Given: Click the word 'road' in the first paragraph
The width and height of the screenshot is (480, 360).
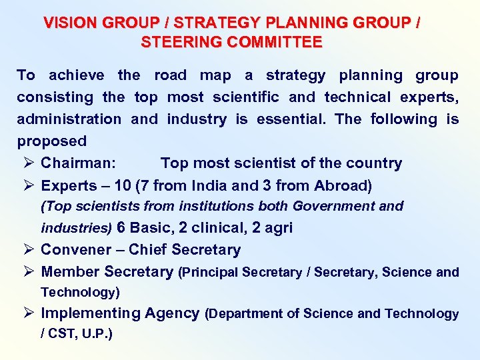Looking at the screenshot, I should pos(171,75).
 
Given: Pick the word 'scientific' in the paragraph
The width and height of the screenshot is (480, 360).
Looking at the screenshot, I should pos(246,97).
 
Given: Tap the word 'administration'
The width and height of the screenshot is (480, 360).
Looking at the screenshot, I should pos(69,119).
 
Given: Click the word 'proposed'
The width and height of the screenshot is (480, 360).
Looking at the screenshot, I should pos(52,141).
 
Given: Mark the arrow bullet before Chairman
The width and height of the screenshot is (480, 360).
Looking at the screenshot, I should pos(27,163).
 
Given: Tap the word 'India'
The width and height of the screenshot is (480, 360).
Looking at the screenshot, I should pos(210,185).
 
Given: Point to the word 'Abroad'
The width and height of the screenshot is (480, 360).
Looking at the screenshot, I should pos(341,185).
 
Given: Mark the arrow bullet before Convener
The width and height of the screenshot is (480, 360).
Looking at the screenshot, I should pos(27,250).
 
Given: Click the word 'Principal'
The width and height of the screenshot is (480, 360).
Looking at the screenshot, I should pos(210,272).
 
